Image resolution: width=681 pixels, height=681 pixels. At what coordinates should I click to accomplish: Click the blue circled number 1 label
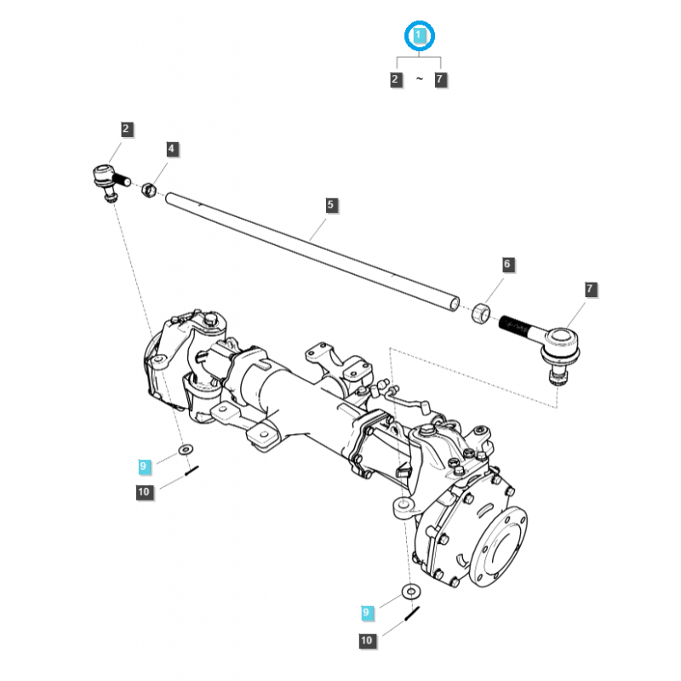click(x=418, y=36)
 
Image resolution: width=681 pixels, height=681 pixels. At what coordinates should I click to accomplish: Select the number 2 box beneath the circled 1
click(x=396, y=80)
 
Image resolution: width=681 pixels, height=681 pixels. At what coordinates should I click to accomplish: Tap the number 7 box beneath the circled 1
click(x=440, y=80)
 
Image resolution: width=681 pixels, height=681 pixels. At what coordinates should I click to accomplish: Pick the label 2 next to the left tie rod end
click(x=126, y=129)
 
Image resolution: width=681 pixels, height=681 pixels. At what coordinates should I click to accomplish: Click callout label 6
click(x=506, y=265)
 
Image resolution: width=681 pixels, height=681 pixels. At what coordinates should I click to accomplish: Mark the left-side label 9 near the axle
click(x=144, y=466)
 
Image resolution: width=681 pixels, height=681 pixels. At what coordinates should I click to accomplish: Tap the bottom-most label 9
click(x=367, y=612)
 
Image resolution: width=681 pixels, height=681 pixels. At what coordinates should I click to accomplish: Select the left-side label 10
click(x=144, y=491)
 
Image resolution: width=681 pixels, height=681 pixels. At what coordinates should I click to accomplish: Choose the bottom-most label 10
click(x=367, y=640)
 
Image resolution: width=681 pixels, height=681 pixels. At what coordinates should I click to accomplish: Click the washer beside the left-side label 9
click(x=185, y=449)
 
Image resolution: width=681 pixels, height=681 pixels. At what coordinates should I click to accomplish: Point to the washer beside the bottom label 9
click(x=411, y=592)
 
